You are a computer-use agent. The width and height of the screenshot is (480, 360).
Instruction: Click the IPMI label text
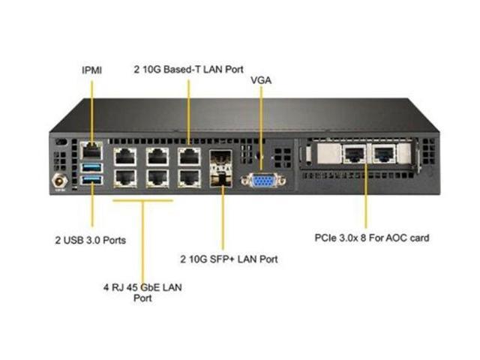tap(91, 70)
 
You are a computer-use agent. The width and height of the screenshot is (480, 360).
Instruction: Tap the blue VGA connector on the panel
tap(262, 179)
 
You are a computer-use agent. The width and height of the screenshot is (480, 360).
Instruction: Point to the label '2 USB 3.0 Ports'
tap(90, 241)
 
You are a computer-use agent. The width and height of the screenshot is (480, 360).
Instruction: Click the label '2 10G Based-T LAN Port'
tap(187, 69)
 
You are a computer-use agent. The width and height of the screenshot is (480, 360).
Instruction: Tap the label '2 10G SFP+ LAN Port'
tap(229, 259)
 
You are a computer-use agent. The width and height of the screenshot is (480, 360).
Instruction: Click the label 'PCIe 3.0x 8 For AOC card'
tap(372, 238)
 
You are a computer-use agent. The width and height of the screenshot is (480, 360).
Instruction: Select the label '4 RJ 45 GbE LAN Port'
tap(142, 292)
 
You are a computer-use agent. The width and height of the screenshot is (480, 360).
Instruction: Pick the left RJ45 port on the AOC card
tap(353, 154)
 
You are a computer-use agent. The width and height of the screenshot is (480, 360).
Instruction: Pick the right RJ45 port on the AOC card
tap(385, 154)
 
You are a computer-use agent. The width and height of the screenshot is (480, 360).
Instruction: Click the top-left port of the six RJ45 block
tap(123, 157)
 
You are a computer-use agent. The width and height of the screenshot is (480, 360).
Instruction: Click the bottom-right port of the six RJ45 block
tap(188, 178)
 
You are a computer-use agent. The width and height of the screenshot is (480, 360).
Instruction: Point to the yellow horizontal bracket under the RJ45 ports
tap(142, 200)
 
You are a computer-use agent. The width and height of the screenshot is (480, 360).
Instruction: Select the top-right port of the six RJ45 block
tap(188, 157)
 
